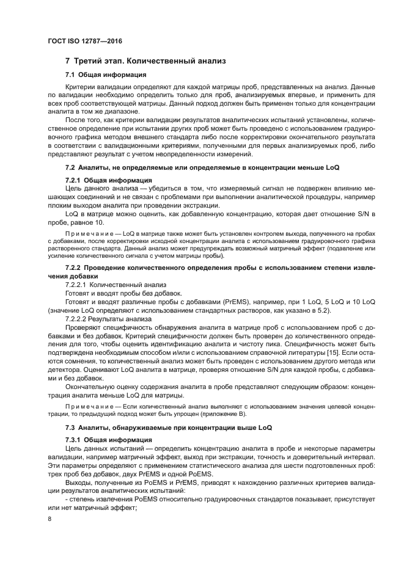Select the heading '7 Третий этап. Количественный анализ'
pyautogui.click(x=145, y=61)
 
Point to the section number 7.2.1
pyautogui.click(x=73, y=181)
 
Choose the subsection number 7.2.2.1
pyautogui.click(x=76, y=285)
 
